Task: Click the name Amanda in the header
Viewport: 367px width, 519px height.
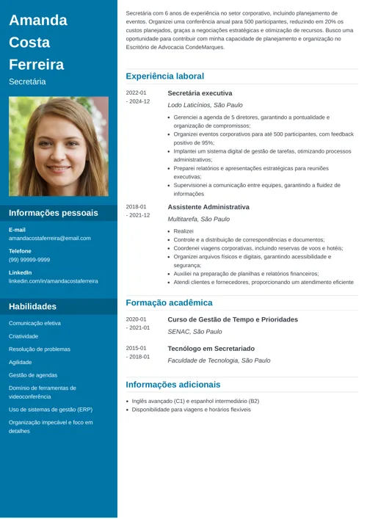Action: (37, 20)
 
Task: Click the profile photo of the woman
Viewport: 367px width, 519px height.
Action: (58, 147)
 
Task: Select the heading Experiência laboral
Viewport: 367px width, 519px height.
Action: (164, 76)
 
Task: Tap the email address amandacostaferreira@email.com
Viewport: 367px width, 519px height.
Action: (50, 238)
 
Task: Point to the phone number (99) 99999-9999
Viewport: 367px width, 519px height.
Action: (29, 259)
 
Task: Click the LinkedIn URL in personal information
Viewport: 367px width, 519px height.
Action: (53, 281)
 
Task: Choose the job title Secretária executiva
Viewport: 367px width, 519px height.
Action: (200, 93)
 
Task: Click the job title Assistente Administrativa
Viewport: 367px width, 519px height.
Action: (208, 207)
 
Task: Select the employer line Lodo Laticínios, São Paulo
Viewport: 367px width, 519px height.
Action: (205, 105)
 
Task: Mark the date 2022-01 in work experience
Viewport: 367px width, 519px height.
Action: (137, 93)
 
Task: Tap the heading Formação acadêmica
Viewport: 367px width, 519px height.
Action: (169, 302)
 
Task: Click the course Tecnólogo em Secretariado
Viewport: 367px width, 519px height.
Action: (211, 349)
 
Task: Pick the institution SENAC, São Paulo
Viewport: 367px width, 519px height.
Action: (195, 332)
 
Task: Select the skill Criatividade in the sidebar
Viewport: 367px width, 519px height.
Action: (23, 335)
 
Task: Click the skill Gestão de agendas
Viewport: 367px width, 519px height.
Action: (33, 375)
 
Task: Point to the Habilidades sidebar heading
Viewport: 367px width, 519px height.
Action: (32, 306)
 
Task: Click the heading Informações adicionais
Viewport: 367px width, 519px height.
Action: (172, 384)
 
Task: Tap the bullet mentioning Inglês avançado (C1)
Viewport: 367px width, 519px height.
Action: (195, 402)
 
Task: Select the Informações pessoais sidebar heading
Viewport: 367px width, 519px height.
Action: (53, 213)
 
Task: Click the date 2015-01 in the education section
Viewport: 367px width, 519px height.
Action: (137, 348)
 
